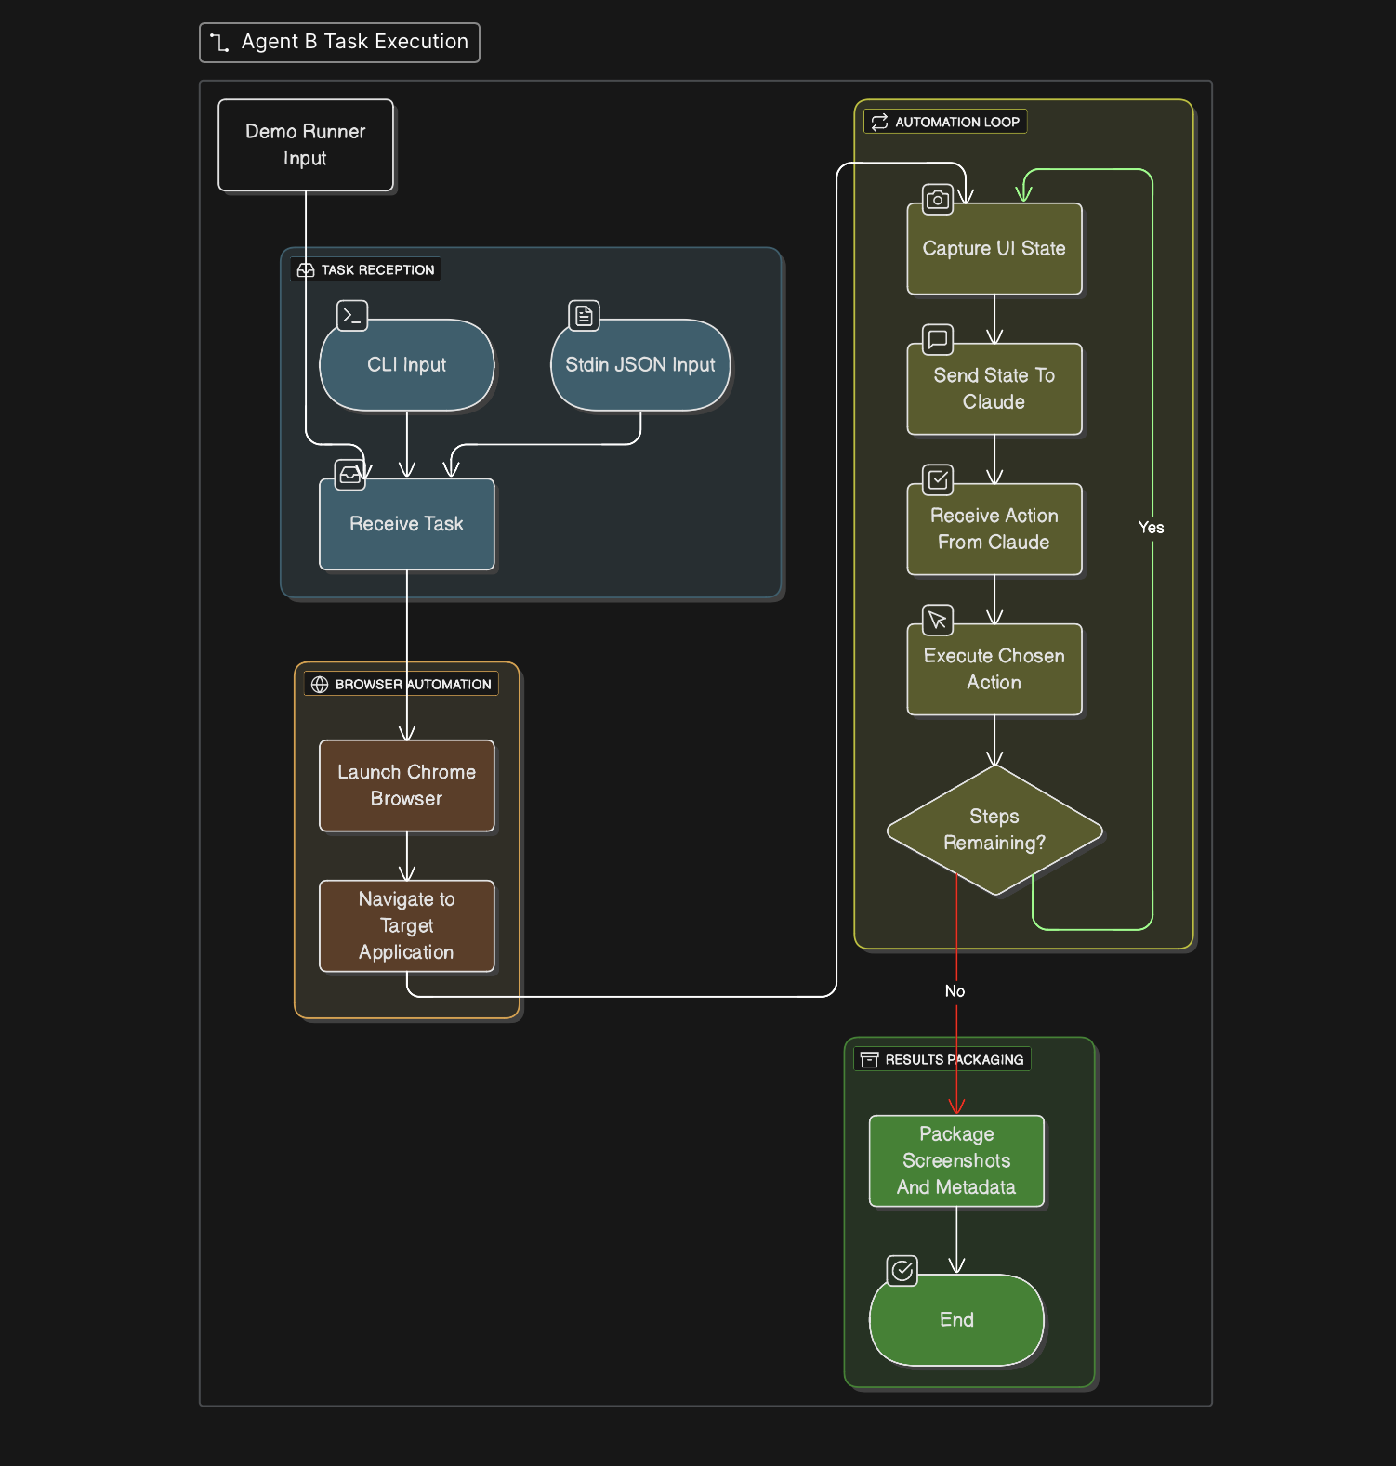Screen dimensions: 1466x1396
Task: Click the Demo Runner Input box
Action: click(305, 145)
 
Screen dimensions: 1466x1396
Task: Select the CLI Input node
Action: click(406, 365)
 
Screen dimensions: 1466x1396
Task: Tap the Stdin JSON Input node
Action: click(639, 365)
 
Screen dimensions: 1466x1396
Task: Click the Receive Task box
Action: click(406, 524)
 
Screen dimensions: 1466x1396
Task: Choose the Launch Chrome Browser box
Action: click(406, 785)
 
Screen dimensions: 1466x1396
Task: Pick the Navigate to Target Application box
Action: click(406, 925)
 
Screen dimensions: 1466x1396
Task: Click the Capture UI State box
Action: click(994, 249)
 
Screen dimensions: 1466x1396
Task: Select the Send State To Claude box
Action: click(994, 389)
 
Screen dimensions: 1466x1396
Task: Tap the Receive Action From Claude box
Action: click(994, 529)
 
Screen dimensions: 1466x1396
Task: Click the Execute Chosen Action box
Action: click(994, 669)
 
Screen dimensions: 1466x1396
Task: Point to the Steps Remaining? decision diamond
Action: click(994, 830)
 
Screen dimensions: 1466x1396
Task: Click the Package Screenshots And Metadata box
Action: click(955, 1160)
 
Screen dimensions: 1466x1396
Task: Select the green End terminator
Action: click(955, 1319)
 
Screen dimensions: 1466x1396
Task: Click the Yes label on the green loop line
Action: click(1151, 528)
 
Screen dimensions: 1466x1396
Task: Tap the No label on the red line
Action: click(955, 991)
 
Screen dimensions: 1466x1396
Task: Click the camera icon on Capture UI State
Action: click(937, 200)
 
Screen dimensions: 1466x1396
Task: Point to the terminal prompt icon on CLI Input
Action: click(352, 316)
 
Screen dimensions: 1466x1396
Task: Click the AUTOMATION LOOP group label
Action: click(945, 122)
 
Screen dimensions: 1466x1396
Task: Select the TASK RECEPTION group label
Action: click(366, 270)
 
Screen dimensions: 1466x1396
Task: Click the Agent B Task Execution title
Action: click(340, 43)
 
